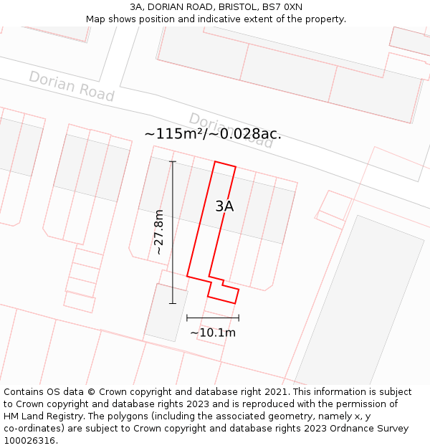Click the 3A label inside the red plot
[x=224, y=206]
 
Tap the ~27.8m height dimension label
[x=159, y=232]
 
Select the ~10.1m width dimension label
[x=213, y=333]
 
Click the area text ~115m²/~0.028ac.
[x=212, y=134]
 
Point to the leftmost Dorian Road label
[x=72, y=86]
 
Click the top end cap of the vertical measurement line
[x=172, y=162]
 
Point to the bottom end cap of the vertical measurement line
[x=172, y=303]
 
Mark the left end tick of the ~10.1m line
[x=187, y=317]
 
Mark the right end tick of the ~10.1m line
[x=239, y=317]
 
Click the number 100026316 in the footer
[x=30, y=441]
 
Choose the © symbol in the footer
[x=91, y=392]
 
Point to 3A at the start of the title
[x=137, y=7]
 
